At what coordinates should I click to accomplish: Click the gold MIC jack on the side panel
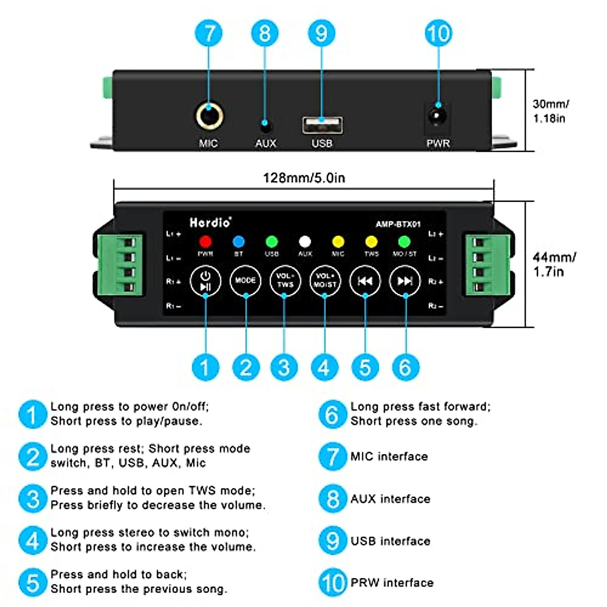coord(209,116)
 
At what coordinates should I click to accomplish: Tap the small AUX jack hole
coord(264,123)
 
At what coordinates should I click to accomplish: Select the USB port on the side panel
coord(322,124)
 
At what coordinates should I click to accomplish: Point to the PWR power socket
coord(437,118)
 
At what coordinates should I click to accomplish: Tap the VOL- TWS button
coord(285,280)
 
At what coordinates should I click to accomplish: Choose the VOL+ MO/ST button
coord(325,280)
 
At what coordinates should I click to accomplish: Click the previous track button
coord(365,280)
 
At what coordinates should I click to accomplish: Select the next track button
coord(405,280)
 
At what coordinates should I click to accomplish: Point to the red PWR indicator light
coord(205,241)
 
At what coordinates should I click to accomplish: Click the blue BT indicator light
coord(238,241)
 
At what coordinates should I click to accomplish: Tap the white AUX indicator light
coord(305,241)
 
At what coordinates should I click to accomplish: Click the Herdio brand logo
coord(210,222)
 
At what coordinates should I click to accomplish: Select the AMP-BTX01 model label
coord(398,224)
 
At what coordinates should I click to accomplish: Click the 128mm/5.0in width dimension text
coord(304,178)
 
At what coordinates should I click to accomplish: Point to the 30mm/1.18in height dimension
coord(550,111)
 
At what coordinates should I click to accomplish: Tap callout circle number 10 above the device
coord(438,33)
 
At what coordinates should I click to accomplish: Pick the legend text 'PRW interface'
coord(392,583)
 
